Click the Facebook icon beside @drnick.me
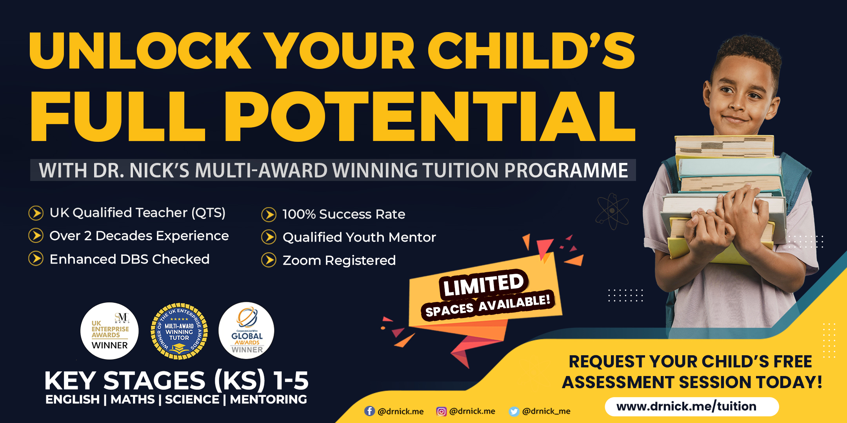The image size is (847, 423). coord(369,411)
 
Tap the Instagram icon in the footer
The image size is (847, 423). coord(442,411)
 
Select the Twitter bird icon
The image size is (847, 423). coord(514,411)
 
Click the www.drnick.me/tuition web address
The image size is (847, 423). coord(686,406)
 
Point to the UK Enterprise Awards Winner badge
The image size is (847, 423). coord(110,331)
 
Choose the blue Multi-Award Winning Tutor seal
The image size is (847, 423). coord(179,331)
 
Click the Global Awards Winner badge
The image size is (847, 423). coord(247,331)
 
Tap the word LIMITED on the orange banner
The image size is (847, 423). coord(484,284)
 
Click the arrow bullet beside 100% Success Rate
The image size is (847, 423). coord(269,215)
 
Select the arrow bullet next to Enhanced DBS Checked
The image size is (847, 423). coord(36,259)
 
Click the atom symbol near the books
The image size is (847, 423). coord(612,211)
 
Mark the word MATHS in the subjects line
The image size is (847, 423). coord(133,399)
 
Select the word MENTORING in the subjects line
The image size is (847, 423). coord(269,399)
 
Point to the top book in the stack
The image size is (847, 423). coord(725,146)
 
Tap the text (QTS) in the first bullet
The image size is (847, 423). coord(208,213)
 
